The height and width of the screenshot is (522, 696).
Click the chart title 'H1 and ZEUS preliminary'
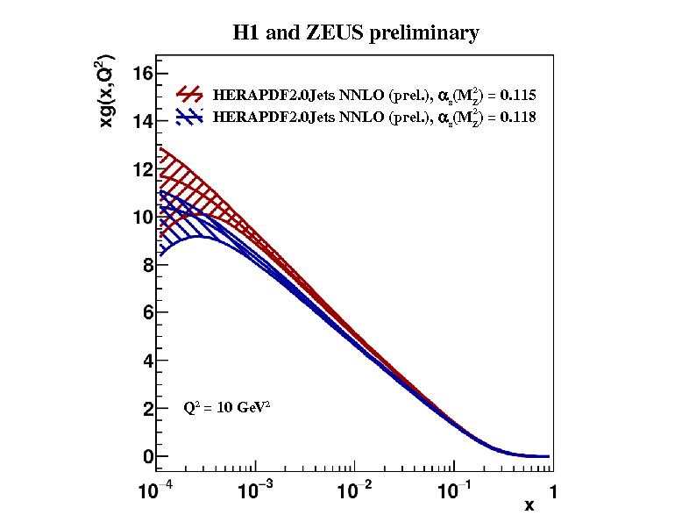pos(355,33)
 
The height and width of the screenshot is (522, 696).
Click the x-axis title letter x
pos(529,504)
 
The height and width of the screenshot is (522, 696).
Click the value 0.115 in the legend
pos(518,95)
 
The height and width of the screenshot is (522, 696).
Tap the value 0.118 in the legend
pos(518,116)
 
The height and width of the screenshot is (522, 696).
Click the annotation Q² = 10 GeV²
pos(226,408)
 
